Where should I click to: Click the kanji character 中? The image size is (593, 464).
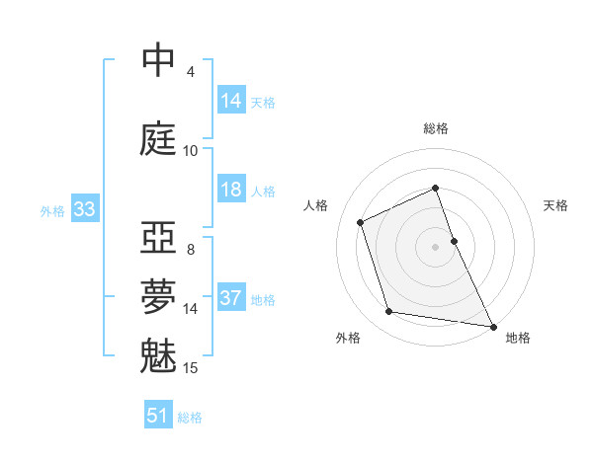(159, 61)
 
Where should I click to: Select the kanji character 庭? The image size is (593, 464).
(159, 138)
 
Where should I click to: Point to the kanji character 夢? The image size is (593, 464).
(159, 293)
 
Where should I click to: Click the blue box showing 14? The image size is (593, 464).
(231, 101)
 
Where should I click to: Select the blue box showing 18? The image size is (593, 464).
(231, 190)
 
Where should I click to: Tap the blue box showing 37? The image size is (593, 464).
(231, 298)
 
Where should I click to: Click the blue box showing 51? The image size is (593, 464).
(158, 416)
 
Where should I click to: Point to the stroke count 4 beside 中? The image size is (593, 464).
(191, 72)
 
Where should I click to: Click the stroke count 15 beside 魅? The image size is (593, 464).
(191, 368)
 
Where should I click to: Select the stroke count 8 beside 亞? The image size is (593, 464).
(191, 249)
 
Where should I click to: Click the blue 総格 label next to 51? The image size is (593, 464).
(190, 418)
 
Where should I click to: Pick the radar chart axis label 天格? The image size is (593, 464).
(555, 205)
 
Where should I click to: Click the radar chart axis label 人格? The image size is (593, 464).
(315, 205)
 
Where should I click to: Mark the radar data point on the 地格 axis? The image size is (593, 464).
(492, 325)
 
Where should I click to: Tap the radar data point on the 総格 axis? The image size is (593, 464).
(436, 189)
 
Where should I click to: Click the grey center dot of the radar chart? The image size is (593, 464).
(436, 246)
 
